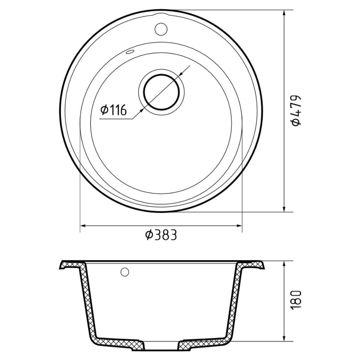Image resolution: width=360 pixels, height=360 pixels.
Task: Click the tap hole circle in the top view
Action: tap(161, 29)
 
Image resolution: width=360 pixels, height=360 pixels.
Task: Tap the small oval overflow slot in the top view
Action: tap(129, 52)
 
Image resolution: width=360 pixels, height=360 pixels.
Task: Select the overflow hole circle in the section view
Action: tap(125, 272)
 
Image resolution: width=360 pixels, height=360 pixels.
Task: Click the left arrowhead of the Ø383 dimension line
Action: tap(83, 226)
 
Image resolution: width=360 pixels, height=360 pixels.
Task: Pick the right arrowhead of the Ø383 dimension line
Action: tap(239, 226)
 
